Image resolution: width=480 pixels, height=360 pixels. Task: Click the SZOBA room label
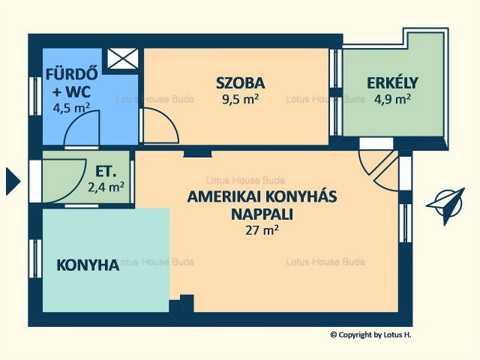240,83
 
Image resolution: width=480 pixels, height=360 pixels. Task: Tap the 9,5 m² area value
241,99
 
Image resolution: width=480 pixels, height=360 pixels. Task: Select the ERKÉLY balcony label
392,82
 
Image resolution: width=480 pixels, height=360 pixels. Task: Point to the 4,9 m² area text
392,99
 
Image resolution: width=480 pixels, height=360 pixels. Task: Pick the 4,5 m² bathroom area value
71,108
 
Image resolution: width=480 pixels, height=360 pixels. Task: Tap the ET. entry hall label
106,172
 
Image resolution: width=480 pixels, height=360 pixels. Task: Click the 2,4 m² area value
106,187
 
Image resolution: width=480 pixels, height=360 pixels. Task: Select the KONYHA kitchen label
88,265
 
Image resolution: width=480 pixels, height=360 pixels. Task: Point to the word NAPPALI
262,214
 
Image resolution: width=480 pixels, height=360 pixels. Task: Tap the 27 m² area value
262,230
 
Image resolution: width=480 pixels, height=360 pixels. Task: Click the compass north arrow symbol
446,206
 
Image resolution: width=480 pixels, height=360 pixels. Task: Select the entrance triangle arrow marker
13,181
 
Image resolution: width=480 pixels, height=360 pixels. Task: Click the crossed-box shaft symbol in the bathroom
123,58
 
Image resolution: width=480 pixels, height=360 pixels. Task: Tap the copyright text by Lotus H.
370,335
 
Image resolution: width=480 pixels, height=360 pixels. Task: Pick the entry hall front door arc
64,181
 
